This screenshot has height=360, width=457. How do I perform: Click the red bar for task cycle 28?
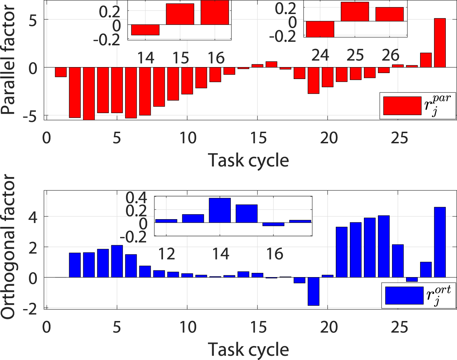(x=440, y=43)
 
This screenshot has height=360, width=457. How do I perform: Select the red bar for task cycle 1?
(x=61, y=72)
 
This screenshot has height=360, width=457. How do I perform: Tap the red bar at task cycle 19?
(x=313, y=80)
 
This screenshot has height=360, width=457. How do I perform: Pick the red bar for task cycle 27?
(x=426, y=60)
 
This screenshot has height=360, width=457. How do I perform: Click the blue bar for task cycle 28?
(x=440, y=242)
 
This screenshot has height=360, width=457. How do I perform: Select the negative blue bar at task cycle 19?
(x=313, y=291)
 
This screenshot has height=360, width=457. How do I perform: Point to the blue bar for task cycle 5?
(x=117, y=261)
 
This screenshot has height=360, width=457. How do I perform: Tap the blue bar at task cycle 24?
(x=384, y=247)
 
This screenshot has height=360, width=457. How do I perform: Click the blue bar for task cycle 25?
(x=398, y=261)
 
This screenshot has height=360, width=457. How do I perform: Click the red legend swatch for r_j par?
(x=402, y=106)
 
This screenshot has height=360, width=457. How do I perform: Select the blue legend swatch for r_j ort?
(x=404, y=295)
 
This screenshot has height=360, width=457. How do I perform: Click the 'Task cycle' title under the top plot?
(x=248, y=161)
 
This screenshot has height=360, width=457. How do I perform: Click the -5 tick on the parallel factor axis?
(x=32, y=116)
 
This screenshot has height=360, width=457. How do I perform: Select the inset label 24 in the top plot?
(x=320, y=55)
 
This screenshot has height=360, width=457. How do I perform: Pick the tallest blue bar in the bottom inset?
(x=220, y=210)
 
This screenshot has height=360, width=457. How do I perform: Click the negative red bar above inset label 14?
(x=145, y=30)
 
